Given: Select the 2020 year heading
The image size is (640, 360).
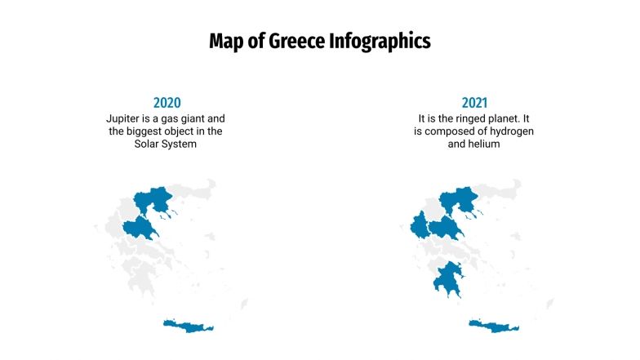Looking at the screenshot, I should [167, 103].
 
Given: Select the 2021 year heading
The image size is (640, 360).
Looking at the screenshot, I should [474, 103].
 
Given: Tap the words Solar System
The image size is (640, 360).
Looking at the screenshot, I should [167, 144].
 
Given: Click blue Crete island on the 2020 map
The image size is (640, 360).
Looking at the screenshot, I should [189, 327].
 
